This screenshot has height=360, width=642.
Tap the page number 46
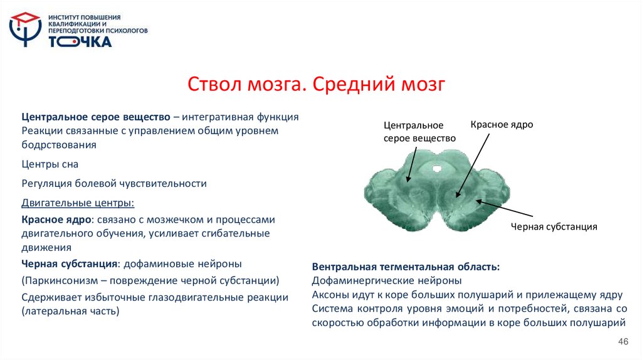[623, 341]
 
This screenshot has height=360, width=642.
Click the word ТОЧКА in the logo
[80, 42]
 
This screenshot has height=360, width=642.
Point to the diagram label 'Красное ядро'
[502, 125]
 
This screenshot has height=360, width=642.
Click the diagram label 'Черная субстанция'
[554, 227]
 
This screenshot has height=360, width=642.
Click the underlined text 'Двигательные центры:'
[78, 203]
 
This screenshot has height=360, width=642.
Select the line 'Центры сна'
[50, 164]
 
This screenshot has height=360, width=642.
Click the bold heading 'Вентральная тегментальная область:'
[406, 267]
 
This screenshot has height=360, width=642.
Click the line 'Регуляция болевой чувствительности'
[114, 184]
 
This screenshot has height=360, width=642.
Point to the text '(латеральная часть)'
[70, 310]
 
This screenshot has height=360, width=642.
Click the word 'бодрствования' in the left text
[59, 145]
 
